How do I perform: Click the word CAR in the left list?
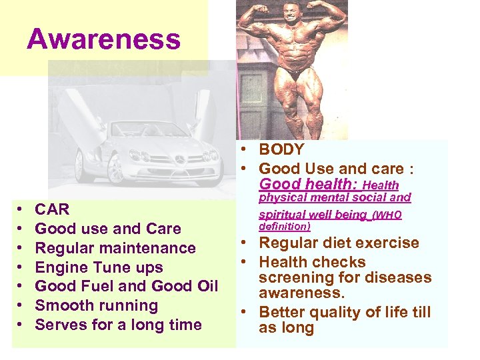tap(52, 209)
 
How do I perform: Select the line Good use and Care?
tap(107, 229)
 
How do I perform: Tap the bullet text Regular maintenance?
tap(115, 248)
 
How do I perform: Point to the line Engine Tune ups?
tap(99, 267)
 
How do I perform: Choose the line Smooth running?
tap(96, 305)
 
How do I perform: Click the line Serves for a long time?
tap(118, 325)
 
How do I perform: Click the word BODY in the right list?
tap(281, 150)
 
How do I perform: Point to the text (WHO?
tap(387, 215)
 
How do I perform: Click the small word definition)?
tap(285, 227)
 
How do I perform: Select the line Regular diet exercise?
tap(339, 243)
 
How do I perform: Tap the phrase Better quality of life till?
tap(345, 312)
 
